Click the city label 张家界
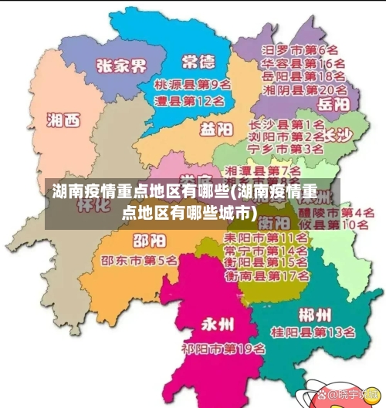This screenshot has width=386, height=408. click(121, 65)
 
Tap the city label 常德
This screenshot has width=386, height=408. click(198, 60)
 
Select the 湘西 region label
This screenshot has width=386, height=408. click(63, 120)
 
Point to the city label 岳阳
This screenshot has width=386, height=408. click(334, 104)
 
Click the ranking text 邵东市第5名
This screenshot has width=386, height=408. click(139, 260)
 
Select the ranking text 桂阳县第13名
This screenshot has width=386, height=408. click(313, 332)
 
